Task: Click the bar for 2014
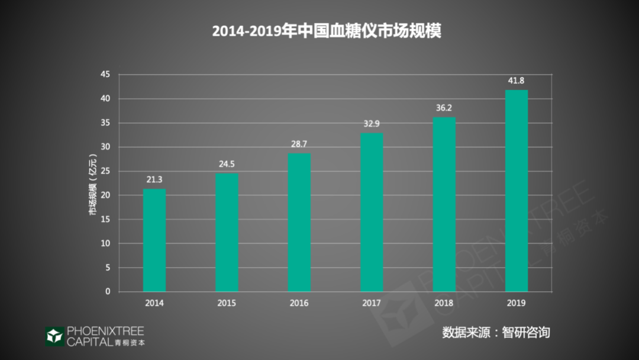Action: point(154,240)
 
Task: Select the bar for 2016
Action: point(299,223)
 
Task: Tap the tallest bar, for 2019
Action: point(517,191)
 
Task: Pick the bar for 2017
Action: point(372,213)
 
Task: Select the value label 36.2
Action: point(444,108)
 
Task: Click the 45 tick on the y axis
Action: point(105,75)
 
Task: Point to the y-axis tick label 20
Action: point(105,195)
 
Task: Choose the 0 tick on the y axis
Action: point(108,292)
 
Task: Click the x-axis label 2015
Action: point(227,303)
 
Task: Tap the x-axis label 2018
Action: point(444,303)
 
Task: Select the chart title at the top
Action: point(327,31)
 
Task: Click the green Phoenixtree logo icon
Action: point(54,336)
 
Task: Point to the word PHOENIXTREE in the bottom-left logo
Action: point(105,331)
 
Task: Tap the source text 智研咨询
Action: point(525,332)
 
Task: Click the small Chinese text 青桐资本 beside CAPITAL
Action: point(130,342)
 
